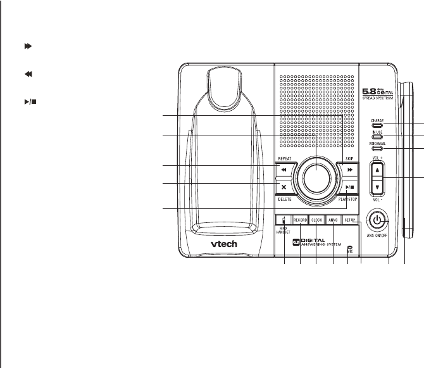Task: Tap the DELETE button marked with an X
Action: point(284,187)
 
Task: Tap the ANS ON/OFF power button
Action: point(377,221)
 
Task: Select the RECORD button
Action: point(300,220)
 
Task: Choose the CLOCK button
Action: point(316,220)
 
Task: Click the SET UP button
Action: point(350,220)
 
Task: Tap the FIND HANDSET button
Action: point(283,220)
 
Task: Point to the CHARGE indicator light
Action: point(377,125)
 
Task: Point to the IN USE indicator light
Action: point(377,136)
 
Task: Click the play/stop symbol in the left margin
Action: point(28,83)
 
